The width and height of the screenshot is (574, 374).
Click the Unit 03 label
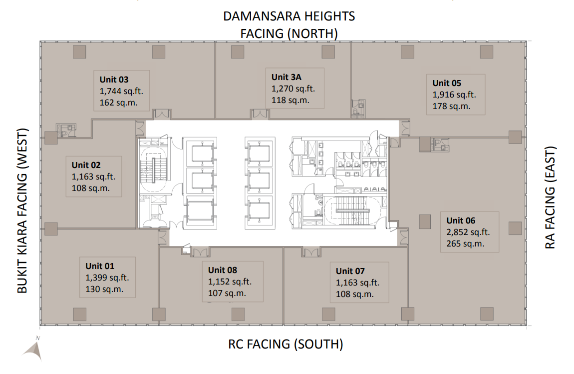[114, 79]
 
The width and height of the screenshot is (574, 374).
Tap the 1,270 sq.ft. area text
[293, 88]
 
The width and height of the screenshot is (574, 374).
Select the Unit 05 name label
[447, 83]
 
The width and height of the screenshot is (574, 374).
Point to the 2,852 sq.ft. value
[468, 232]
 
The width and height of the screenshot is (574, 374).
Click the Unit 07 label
[350, 271]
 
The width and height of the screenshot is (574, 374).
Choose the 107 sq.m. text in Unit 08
[227, 293]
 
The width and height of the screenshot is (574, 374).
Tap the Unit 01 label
[99, 266]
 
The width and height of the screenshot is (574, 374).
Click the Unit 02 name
[86, 165]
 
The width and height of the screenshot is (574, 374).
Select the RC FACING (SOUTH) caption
[286, 344]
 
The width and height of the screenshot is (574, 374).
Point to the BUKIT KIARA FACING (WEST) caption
[22, 210]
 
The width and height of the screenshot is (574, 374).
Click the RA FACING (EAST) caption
[550, 197]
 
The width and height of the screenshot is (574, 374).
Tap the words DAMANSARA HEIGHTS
[289, 16]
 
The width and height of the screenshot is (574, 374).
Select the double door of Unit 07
[311, 252]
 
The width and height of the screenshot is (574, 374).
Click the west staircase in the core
[154, 170]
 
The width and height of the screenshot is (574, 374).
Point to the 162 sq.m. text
[118, 103]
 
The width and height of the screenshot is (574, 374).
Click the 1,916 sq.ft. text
[454, 94]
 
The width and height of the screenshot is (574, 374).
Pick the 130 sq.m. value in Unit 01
[104, 289]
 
